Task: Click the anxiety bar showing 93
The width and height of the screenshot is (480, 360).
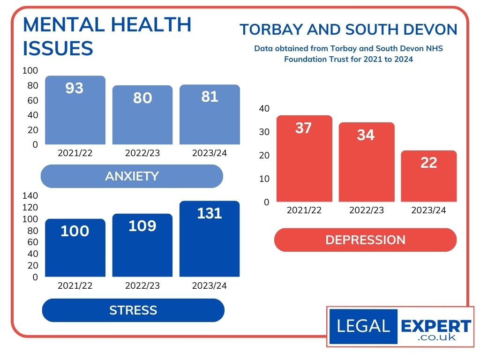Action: pos(75,112)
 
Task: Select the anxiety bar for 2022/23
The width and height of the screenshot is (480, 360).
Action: pos(142,117)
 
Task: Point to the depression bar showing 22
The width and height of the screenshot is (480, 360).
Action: pos(429,178)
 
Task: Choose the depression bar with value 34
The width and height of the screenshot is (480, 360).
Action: pos(366,164)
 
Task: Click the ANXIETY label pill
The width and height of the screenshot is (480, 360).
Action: pos(132,176)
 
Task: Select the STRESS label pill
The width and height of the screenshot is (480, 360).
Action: pos(133,310)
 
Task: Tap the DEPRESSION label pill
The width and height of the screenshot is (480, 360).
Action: pos(365,240)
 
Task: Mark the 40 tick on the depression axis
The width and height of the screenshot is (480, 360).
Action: pos(264,109)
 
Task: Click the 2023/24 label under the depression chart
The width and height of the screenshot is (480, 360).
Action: pos(428,210)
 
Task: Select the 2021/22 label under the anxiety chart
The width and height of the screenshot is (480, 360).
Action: pos(75,153)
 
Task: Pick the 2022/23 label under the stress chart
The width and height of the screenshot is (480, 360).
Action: pos(142,285)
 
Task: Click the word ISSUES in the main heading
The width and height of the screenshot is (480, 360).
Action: pos(58,48)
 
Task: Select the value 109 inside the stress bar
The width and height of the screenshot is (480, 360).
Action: pos(142,226)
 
